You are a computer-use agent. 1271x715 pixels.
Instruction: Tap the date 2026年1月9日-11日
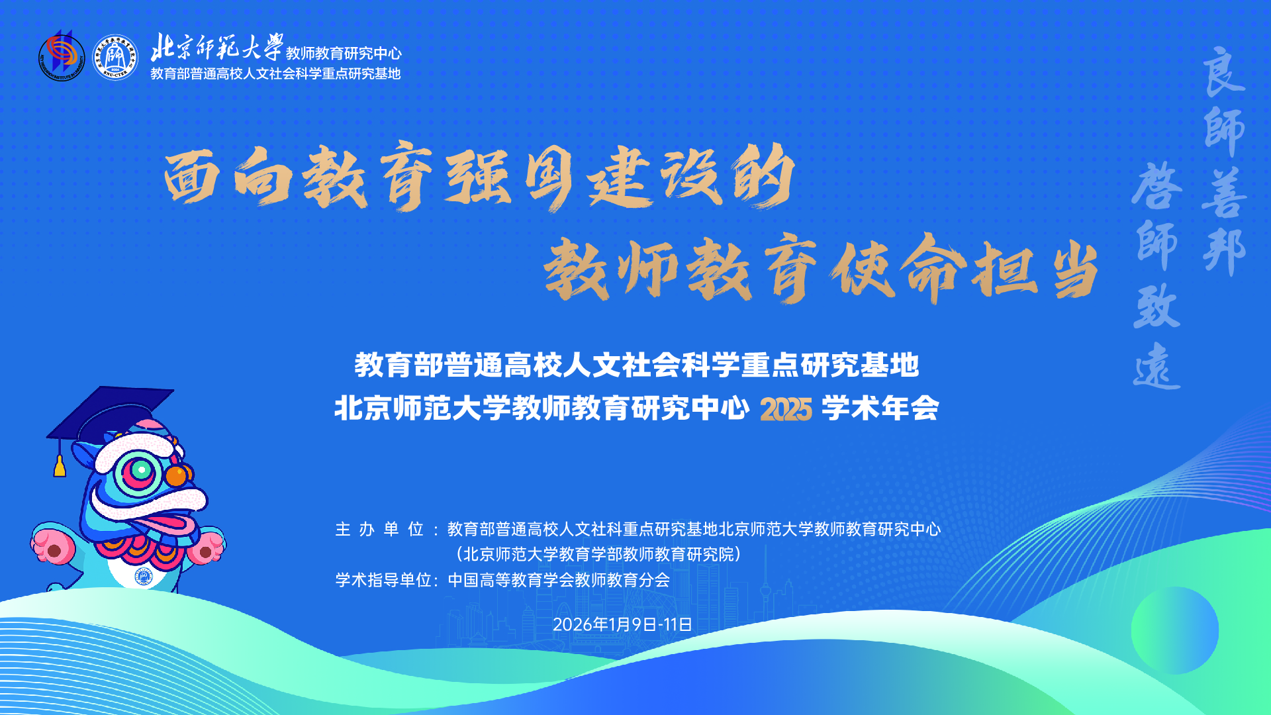click(x=622, y=624)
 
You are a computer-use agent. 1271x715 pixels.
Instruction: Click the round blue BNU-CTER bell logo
click(x=115, y=57)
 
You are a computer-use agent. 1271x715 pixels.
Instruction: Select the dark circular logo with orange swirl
click(x=62, y=57)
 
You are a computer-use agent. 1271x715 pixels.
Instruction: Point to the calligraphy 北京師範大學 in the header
click(x=217, y=46)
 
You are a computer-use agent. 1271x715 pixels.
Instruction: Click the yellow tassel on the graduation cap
click(x=60, y=465)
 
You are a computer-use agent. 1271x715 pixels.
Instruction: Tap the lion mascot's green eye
click(x=140, y=470)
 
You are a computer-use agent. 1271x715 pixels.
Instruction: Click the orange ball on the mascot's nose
click(x=177, y=475)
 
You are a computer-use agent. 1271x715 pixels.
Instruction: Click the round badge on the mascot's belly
click(x=144, y=576)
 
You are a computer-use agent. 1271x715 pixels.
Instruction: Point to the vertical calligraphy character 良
click(x=1223, y=71)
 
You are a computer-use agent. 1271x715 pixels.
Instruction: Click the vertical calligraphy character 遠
click(x=1156, y=366)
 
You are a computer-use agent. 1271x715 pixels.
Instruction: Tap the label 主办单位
click(x=379, y=529)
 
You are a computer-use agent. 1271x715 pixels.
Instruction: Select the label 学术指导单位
click(x=383, y=580)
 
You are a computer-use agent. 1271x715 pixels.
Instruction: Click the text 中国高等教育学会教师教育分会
click(x=559, y=580)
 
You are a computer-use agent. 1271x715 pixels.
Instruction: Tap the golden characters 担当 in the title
click(x=1036, y=271)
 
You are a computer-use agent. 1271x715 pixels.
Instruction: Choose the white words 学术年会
click(x=880, y=408)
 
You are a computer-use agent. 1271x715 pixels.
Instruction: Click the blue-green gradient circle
click(x=1175, y=630)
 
